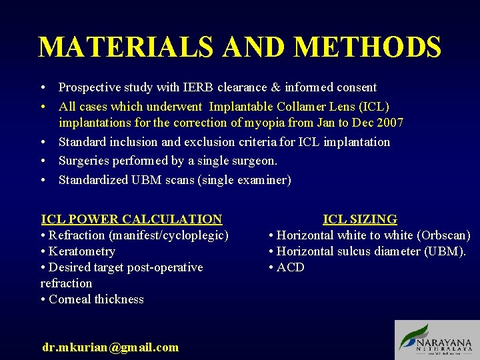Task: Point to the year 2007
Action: click(x=390, y=123)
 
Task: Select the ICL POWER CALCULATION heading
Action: click(x=131, y=219)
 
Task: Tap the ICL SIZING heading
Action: click(x=360, y=219)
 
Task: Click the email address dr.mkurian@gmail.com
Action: click(x=110, y=347)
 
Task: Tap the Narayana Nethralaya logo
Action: click(x=437, y=340)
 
